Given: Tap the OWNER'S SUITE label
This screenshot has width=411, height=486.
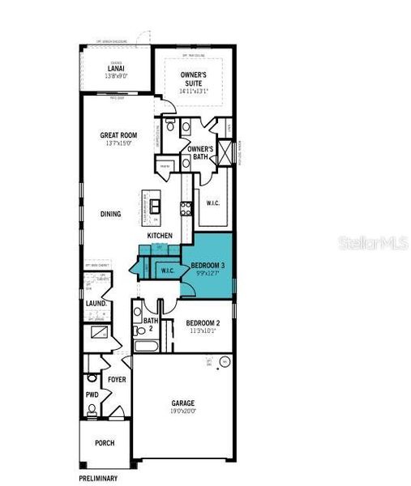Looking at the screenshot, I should pyautogui.click(x=195, y=79).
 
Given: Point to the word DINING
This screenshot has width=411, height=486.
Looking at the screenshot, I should pyautogui.click(x=111, y=215).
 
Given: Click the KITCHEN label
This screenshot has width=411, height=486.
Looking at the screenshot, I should pyautogui.click(x=160, y=236).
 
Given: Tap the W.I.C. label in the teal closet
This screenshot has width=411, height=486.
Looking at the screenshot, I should pyautogui.click(x=168, y=271).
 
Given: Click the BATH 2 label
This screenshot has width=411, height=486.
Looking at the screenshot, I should pyautogui.click(x=150, y=324).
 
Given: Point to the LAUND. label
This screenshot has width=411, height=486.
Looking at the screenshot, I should pyautogui.click(x=98, y=305).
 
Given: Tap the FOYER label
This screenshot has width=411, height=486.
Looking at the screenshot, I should pyautogui.click(x=117, y=378).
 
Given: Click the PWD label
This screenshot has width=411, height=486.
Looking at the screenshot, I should pyautogui.click(x=92, y=395).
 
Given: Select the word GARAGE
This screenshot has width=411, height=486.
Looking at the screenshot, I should pyautogui.click(x=182, y=403).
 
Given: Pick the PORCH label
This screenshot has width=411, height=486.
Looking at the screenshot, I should pyautogui.click(x=104, y=443).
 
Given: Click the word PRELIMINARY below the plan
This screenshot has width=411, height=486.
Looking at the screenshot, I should pyautogui.click(x=98, y=478).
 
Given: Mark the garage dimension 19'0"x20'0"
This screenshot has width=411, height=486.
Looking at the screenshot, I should pyautogui.click(x=182, y=411).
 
